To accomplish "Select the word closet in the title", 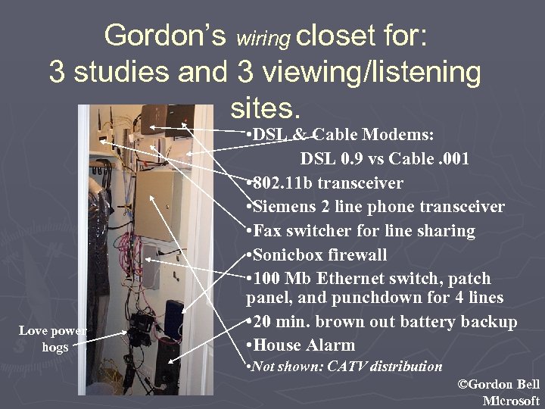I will click(335, 35).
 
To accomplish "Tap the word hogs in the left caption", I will click(54, 347).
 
